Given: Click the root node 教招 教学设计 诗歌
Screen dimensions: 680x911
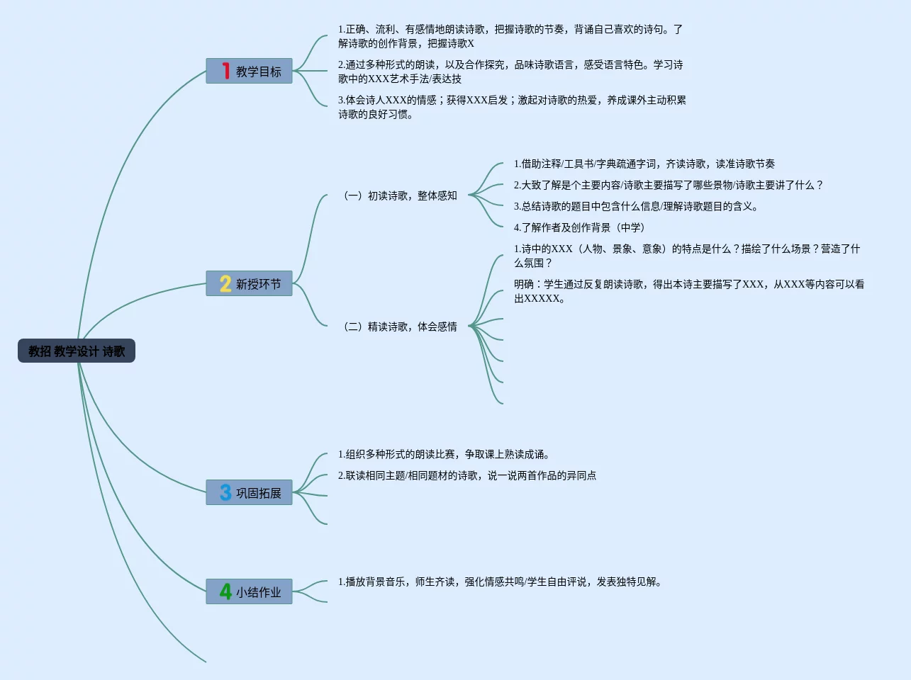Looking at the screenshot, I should pos(77,351).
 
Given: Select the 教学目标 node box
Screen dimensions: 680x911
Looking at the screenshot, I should pos(250,71).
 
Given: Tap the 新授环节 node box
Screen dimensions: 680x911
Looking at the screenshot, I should pos(250,283).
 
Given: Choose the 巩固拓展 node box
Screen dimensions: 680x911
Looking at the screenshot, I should pos(250,492).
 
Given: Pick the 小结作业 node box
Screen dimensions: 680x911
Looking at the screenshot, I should pos(250,591).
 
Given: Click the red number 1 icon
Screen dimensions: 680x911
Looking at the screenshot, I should pos(225,71).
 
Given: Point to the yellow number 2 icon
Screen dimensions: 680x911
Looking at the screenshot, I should pos(225,283).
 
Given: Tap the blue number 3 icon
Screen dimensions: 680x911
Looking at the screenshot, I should pos(225,492).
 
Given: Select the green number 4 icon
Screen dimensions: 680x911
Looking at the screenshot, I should pos(225,591).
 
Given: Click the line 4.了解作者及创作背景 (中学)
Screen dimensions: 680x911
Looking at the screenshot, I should pos(580,227).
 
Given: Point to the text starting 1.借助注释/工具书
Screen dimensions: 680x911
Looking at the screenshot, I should pos(644,164).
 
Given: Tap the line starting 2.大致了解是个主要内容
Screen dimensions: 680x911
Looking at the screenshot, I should pos(668,185).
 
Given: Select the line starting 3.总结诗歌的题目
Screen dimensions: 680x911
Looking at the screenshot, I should pos(637,206).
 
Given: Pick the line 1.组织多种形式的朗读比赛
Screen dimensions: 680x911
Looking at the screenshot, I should pos(445,454).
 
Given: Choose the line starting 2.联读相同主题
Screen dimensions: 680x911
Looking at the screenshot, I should pos(466,475).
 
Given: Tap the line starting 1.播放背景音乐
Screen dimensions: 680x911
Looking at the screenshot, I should pos(501,582).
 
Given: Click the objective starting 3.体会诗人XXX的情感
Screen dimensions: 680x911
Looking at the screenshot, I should pos(511,107).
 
